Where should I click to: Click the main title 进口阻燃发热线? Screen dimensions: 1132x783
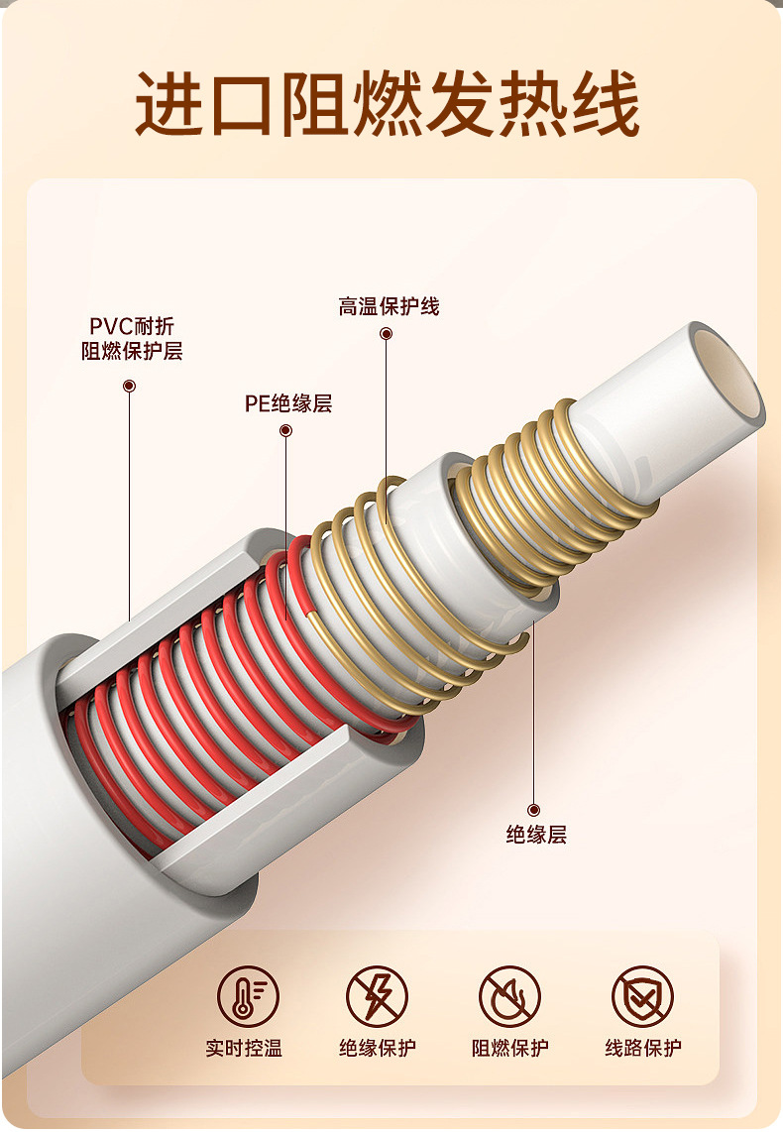click(388, 103)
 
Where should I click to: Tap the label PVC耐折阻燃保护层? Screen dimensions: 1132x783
click(132, 339)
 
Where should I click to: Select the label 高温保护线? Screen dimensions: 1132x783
click(389, 307)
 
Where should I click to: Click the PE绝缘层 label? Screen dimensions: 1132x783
click(288, 403)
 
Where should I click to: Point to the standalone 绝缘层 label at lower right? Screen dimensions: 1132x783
click(536, 835)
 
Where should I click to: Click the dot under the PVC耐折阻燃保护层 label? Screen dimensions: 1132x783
click(130, 386)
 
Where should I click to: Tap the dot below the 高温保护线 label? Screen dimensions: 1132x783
click(387, 334)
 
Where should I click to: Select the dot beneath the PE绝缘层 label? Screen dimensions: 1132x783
click(286, 430)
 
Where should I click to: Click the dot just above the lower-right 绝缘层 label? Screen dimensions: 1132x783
click(534, 810)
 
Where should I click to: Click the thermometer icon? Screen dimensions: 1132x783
click(244, 995)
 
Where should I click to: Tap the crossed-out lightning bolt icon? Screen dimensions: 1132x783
click(377, 995)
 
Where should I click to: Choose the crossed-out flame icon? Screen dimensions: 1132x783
click(509, 995)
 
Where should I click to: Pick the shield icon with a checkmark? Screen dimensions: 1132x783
click(642, 995)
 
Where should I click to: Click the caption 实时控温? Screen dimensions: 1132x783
click(244, 1048)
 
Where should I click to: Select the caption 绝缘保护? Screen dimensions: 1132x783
click(377, 1048)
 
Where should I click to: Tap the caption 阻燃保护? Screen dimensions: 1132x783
click(509, 1048)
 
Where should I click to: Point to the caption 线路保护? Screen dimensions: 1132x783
click(642, 1048)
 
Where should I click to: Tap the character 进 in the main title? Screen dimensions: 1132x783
click(169, 103)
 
